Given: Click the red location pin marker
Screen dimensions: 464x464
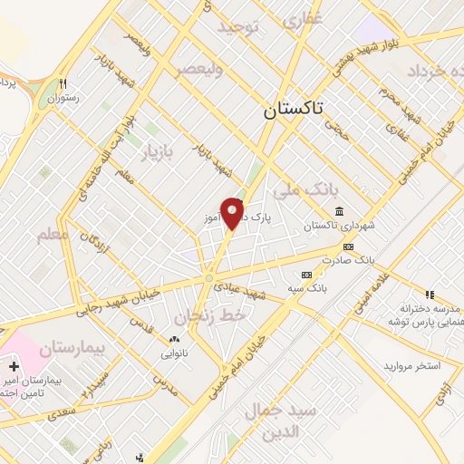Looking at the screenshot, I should [x=233, y=213].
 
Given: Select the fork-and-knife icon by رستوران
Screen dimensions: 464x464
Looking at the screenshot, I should [x=63, y=80].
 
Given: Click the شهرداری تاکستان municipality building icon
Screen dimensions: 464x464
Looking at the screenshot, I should [x=339, y=211].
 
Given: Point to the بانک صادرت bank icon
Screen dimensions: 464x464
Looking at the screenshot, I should [x=348, y=246].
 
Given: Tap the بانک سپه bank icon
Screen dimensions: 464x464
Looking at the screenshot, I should [x=306, y=274].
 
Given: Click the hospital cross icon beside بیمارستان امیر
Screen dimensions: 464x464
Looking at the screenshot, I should [x=13, y=367].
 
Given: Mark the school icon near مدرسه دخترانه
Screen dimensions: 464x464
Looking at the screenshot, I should [x=430, y=295].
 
